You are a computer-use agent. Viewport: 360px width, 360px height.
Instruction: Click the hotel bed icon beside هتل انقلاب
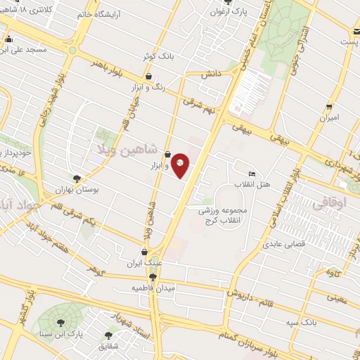[252, 174]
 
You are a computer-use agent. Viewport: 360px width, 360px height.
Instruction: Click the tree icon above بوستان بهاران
[77, 179]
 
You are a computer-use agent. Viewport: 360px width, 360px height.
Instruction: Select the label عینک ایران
[144, 264]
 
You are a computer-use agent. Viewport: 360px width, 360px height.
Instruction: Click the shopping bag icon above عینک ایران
[145, 252]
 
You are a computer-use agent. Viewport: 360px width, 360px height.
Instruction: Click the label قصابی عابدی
[282, 245]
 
